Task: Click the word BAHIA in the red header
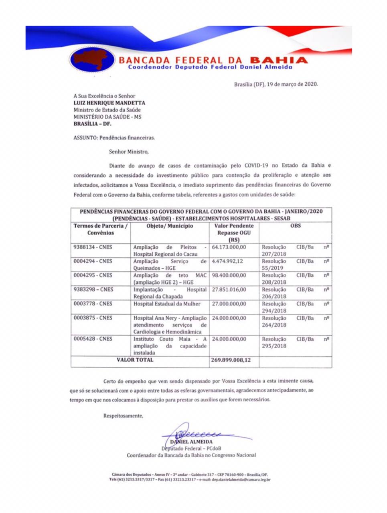point(278,60)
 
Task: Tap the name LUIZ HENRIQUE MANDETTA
point(109,103)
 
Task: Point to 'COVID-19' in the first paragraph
point(257,165)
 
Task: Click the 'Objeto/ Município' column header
point(170,226)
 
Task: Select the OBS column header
point(296,226)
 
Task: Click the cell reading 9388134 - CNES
point(93,247)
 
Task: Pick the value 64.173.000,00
point(229,247)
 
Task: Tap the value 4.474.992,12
point(227,261)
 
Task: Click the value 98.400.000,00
point(229,275)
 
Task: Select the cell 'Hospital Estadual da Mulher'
point(167,304)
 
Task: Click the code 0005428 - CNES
point(93,339)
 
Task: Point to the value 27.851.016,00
point(229,289)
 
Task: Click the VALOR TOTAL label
point(135,360)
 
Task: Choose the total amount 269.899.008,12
point(231,360)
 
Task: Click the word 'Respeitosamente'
point(123,416)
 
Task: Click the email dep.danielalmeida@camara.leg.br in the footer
point(241,479)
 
